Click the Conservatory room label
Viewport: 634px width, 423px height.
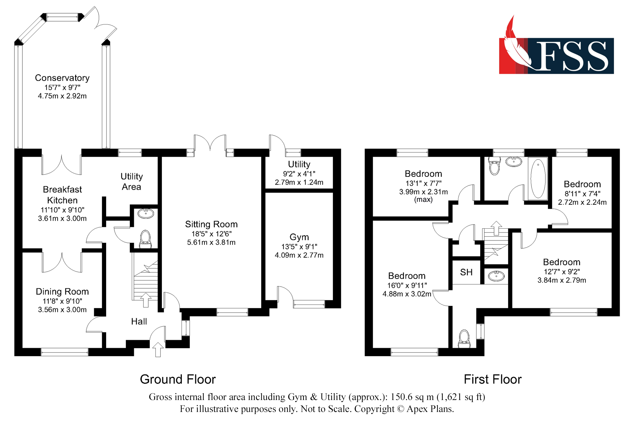tap(62, 78)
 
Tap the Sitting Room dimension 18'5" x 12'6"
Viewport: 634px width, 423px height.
tap(211, 234)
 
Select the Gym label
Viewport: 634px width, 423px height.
tap(299, 237)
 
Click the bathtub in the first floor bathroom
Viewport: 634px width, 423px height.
tap(538, 179)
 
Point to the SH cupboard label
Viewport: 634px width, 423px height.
tap(466, 272)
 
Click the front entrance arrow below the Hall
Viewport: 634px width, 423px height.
tap(158, 350)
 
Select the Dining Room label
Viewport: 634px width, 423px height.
tap(62, 291)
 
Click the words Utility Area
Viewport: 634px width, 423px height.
tap(132, 181)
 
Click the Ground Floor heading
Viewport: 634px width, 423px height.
tap(178, 379)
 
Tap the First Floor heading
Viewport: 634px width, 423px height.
tap(493, 379)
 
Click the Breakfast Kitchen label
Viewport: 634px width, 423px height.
tap(62, 195)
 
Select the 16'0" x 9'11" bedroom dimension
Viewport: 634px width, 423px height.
tap(407, 285)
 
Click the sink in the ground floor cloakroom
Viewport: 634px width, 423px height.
tap(146, 213)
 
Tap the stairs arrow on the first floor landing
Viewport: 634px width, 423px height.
tap(496, 228)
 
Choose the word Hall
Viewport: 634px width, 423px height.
tap(139, 322)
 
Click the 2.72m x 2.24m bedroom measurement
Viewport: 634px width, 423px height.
tap(582, 202)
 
